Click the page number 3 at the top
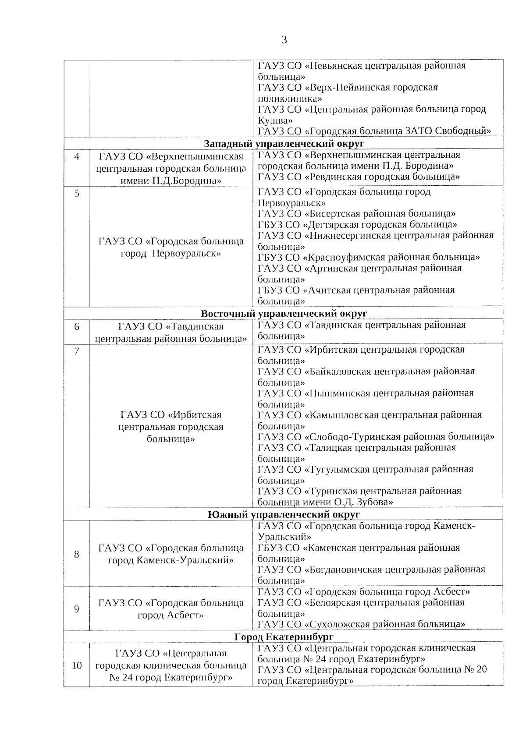[284, 40]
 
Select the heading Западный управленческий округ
[284, 144]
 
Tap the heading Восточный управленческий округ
[284, 313]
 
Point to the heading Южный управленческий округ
[284, 514]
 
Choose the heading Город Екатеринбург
[284, 637]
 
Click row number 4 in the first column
[77, 156]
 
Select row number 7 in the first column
[77, 351]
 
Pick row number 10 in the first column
[77, 665]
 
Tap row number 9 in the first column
[77, 609]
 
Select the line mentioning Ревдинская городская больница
[359, 177]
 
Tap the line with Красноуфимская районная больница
[369, 257]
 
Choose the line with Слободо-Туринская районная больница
[376, 437]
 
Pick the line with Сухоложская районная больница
[361, 624]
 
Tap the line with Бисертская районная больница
[356, 214]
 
